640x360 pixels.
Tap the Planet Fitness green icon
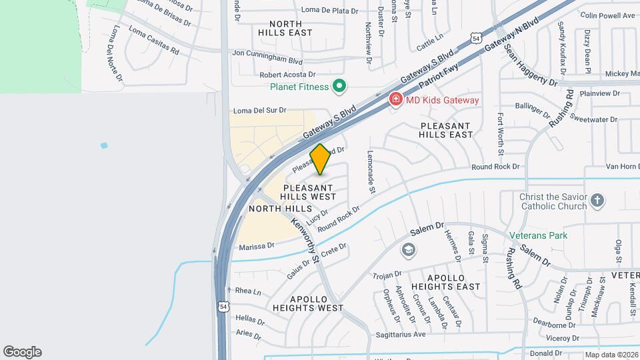(x=339, y=86)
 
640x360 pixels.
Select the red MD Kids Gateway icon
(x=395, y=99)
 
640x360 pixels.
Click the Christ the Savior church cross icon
(x=598, y=200)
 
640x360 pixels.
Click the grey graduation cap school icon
(x=407, y=250)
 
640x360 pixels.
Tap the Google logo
(x=22, y=352)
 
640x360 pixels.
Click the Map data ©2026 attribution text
(x=611, y=355)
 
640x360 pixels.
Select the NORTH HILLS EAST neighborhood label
(x=285, y=27)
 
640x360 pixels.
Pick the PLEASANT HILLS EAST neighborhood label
(x=446, y=130)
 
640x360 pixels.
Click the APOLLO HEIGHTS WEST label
(x=308, y=303)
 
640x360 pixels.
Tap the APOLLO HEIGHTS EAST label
(x=445, y=281)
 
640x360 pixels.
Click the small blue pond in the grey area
(x=103, y=145)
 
